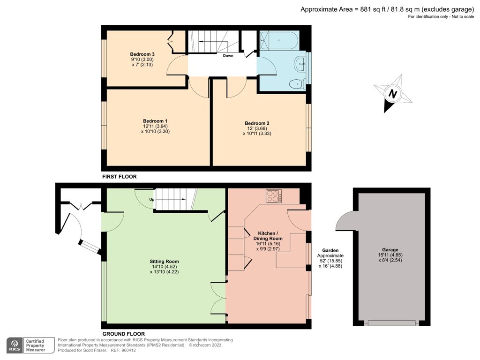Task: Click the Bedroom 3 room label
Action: pos(142,54)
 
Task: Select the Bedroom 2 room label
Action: pos(256,123)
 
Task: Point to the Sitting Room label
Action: pos(164,261)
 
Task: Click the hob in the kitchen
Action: pos(273,196)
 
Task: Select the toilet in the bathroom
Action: pos(296,84)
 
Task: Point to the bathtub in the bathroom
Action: pos(279,40)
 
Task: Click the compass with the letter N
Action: pos(393,94)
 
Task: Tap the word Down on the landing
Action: pos(228,55)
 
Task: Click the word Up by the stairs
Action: pos(152,199)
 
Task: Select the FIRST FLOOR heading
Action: pos(119,177)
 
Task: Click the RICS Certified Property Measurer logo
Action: pos(26,345)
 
